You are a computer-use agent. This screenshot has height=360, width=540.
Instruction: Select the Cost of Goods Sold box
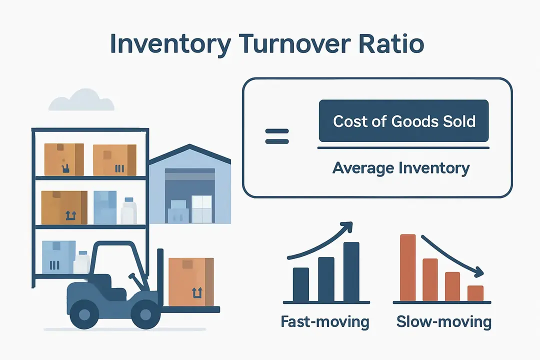[x=403, y=121]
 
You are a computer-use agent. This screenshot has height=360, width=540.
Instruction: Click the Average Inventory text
[x=401, y=168]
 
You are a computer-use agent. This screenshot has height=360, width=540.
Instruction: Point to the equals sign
[x=277, y=135]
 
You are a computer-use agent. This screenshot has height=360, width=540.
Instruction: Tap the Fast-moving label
[x=325, y=321]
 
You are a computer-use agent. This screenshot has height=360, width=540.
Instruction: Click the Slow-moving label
[x=444, y=321]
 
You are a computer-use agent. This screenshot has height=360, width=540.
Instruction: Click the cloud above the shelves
[x=81, y=101]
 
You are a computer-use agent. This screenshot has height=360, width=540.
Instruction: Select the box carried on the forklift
[x=191, y=281]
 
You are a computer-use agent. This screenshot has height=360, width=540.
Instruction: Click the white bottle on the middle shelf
[x=128, y=211]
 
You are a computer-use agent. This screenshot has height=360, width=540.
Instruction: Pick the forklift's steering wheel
[x=132, y=278]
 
